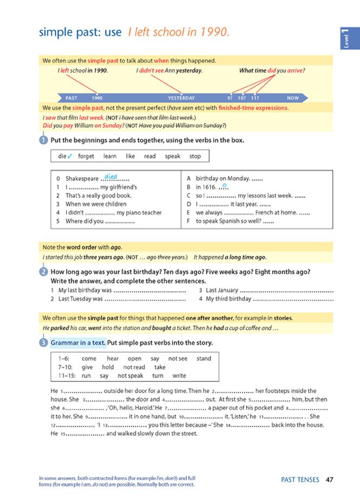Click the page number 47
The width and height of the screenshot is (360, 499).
point(330,479)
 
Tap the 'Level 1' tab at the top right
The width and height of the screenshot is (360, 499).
point(345,38)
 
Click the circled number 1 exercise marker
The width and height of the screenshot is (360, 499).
point(43,140)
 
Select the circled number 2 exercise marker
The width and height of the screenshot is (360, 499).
point(43,272)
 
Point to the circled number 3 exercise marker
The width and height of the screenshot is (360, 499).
point(43,343)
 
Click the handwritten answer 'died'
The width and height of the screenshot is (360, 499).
point(111,176)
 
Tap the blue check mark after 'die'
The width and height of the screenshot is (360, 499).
point(70,156)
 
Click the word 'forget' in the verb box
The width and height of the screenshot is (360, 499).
point(86,156)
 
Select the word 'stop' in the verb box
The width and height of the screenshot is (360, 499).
point(195,156)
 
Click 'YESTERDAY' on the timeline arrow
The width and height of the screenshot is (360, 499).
point(181,98)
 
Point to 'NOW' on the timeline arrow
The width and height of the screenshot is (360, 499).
point(293,98)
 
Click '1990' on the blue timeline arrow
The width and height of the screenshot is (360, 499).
point(97,98)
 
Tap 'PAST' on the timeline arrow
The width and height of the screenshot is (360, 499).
point(71,98)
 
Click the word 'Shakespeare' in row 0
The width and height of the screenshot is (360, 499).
point(82,178)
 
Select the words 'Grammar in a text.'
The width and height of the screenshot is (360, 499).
point(78,343)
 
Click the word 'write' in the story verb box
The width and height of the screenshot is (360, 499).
point(179,375)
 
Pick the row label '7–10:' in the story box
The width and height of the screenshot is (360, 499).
point(66,367)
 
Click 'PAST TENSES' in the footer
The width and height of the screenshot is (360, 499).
point(300,479)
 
